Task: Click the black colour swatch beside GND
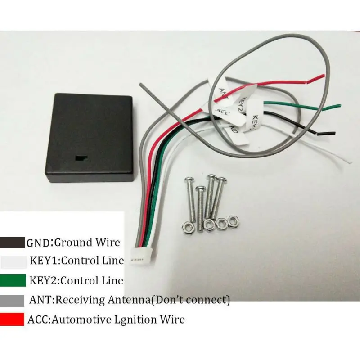coord(12,243)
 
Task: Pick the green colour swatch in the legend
coord(12,280)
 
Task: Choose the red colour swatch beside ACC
coord(12,319)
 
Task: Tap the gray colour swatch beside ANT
coord(12,300)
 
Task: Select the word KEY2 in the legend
coord(44,280)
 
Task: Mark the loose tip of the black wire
coord(332,133)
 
